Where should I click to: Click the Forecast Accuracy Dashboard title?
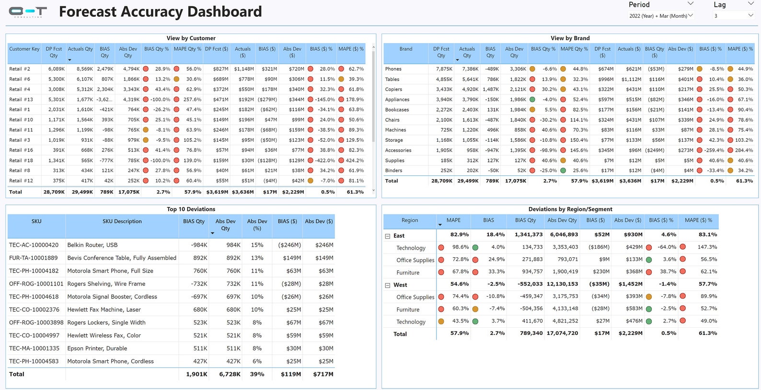(160, 11)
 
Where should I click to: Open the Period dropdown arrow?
(691, 4)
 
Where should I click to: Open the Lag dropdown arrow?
(750, 4)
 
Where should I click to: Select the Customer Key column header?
(24, 49)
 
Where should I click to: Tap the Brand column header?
(405, 49)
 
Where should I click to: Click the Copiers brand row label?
(393, 90)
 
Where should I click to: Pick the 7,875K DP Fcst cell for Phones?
(444, 69)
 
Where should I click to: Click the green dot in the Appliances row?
(532, 100)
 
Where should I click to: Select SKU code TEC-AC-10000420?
(34, 245)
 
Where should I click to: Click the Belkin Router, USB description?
(92, 245)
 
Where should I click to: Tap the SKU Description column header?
(122, 221)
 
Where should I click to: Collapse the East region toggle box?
(388, 236)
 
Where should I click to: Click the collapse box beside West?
(388, 285)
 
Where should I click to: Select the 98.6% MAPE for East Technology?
(460, 247)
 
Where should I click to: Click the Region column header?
(409, 220)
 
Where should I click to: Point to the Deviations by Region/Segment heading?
(570, 209)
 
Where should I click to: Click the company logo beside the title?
(28, 12)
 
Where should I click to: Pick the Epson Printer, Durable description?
(97, 348)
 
